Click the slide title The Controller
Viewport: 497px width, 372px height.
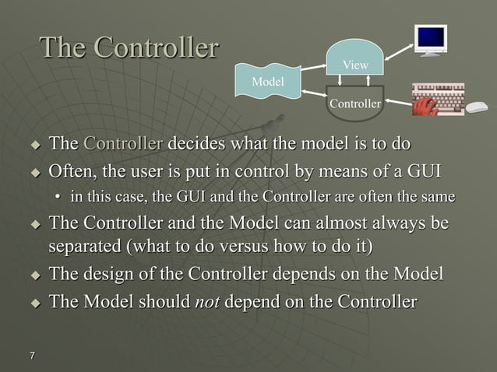[x=129, y=48]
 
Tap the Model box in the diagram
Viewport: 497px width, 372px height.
[x=267, y=81]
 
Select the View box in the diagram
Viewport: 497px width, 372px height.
[x=355, y=65]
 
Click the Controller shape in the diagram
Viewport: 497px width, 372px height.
[x=355, y=104]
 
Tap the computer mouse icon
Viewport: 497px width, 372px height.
[x=477, y=107]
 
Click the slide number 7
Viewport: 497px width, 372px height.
[x=32, y=356]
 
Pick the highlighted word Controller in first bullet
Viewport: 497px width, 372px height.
[x=123, y=144]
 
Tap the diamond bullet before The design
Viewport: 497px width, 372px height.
[x=34, y=275]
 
